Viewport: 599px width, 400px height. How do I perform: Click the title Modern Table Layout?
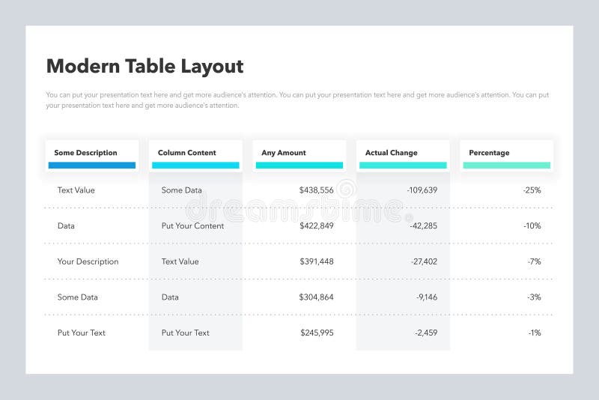[145, 66]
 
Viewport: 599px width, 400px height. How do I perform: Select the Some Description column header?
[85, 153]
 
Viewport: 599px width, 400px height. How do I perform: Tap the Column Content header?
[186, 153]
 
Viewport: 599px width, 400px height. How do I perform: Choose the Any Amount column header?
[284, 153]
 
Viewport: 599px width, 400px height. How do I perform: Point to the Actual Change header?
[391, 153]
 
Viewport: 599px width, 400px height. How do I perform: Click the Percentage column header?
[489, 153]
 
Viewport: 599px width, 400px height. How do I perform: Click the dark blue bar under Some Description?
[92, 166]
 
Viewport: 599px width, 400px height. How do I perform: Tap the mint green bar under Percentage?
[506, 166]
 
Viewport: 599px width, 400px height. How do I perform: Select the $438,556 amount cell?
[316, 190]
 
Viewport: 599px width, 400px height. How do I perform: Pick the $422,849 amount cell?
[316, 225]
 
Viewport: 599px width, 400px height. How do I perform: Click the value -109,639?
[422, 190]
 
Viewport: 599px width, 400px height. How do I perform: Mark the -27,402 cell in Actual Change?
[423, 261]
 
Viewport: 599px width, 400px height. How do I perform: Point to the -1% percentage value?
[534, 333]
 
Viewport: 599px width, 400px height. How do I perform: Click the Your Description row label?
[88, 261]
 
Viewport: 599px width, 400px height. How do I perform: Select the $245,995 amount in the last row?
[317, 333]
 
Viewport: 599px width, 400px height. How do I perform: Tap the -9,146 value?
[426, 297]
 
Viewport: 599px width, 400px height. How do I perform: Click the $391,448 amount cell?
[316, 261]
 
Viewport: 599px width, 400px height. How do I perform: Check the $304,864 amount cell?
[316, 297]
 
